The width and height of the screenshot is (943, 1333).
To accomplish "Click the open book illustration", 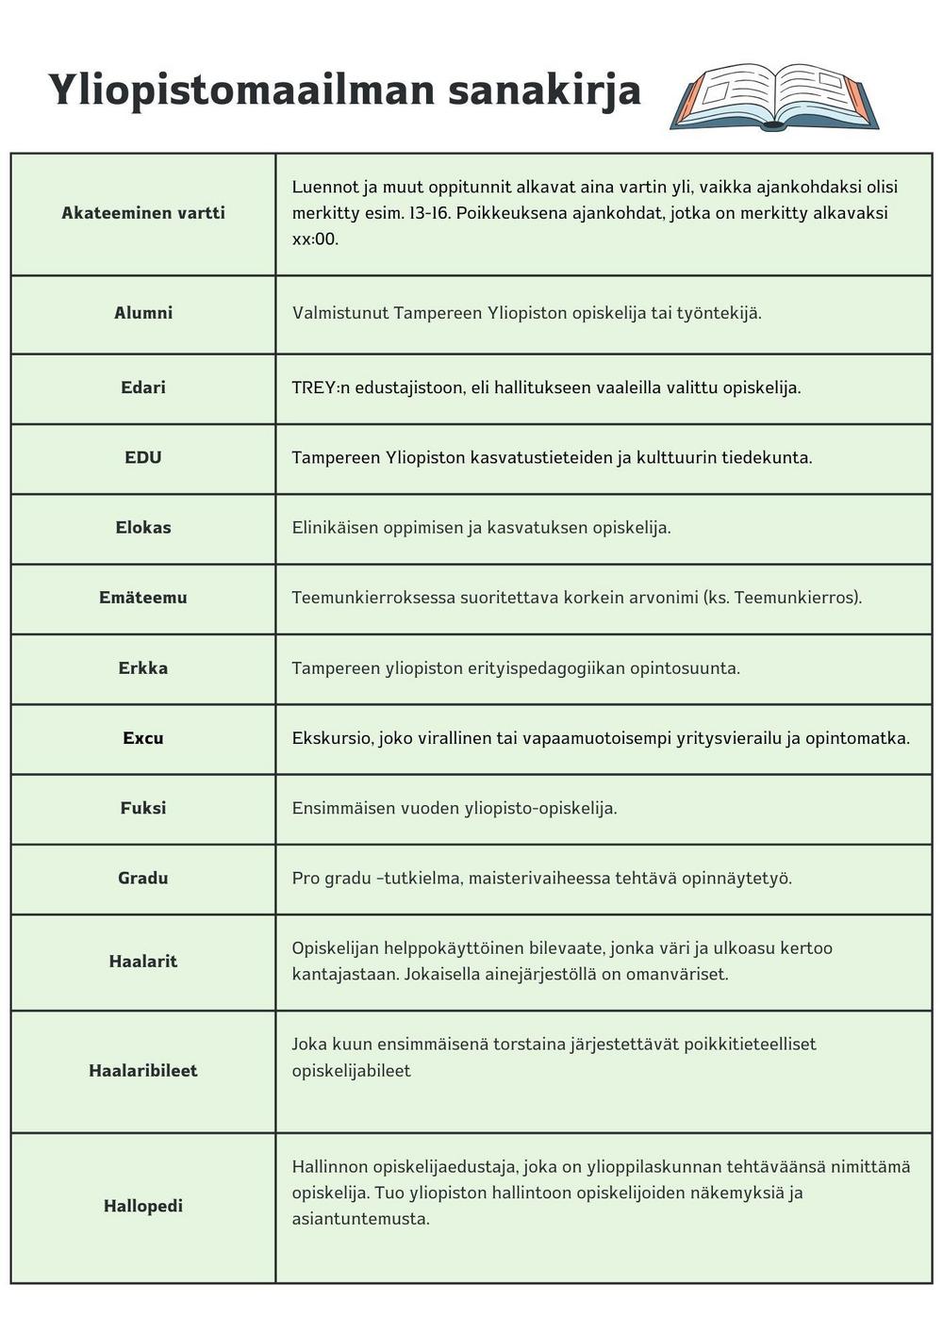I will click(773, 97).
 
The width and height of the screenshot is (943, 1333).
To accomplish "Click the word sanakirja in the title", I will click(544, 91).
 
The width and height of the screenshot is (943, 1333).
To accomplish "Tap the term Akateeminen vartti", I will click(143, 213).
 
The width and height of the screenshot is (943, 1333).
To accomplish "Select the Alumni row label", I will click(143, 313).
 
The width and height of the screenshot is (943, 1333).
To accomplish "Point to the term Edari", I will click(143, 387).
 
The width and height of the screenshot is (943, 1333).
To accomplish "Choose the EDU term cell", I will click(143, 457).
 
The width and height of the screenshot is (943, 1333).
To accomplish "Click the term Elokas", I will click(143, 527).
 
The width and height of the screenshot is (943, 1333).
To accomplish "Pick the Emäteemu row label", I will click(143, 598).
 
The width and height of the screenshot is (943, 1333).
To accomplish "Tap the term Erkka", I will click(143, 667).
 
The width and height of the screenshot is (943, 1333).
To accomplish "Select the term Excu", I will click(143, 738).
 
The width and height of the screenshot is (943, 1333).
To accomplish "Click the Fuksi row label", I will click(143, 808).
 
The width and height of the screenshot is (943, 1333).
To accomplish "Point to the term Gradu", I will click(143, 878).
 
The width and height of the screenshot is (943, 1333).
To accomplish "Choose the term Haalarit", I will click(143, 962).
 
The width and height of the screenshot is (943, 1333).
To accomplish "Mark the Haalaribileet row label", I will click(143, 1071).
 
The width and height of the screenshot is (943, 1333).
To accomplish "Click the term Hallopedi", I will click(143, 1206).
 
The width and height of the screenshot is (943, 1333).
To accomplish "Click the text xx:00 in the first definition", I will click(315, 239).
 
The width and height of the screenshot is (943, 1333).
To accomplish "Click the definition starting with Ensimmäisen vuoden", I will click(455, 808).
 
